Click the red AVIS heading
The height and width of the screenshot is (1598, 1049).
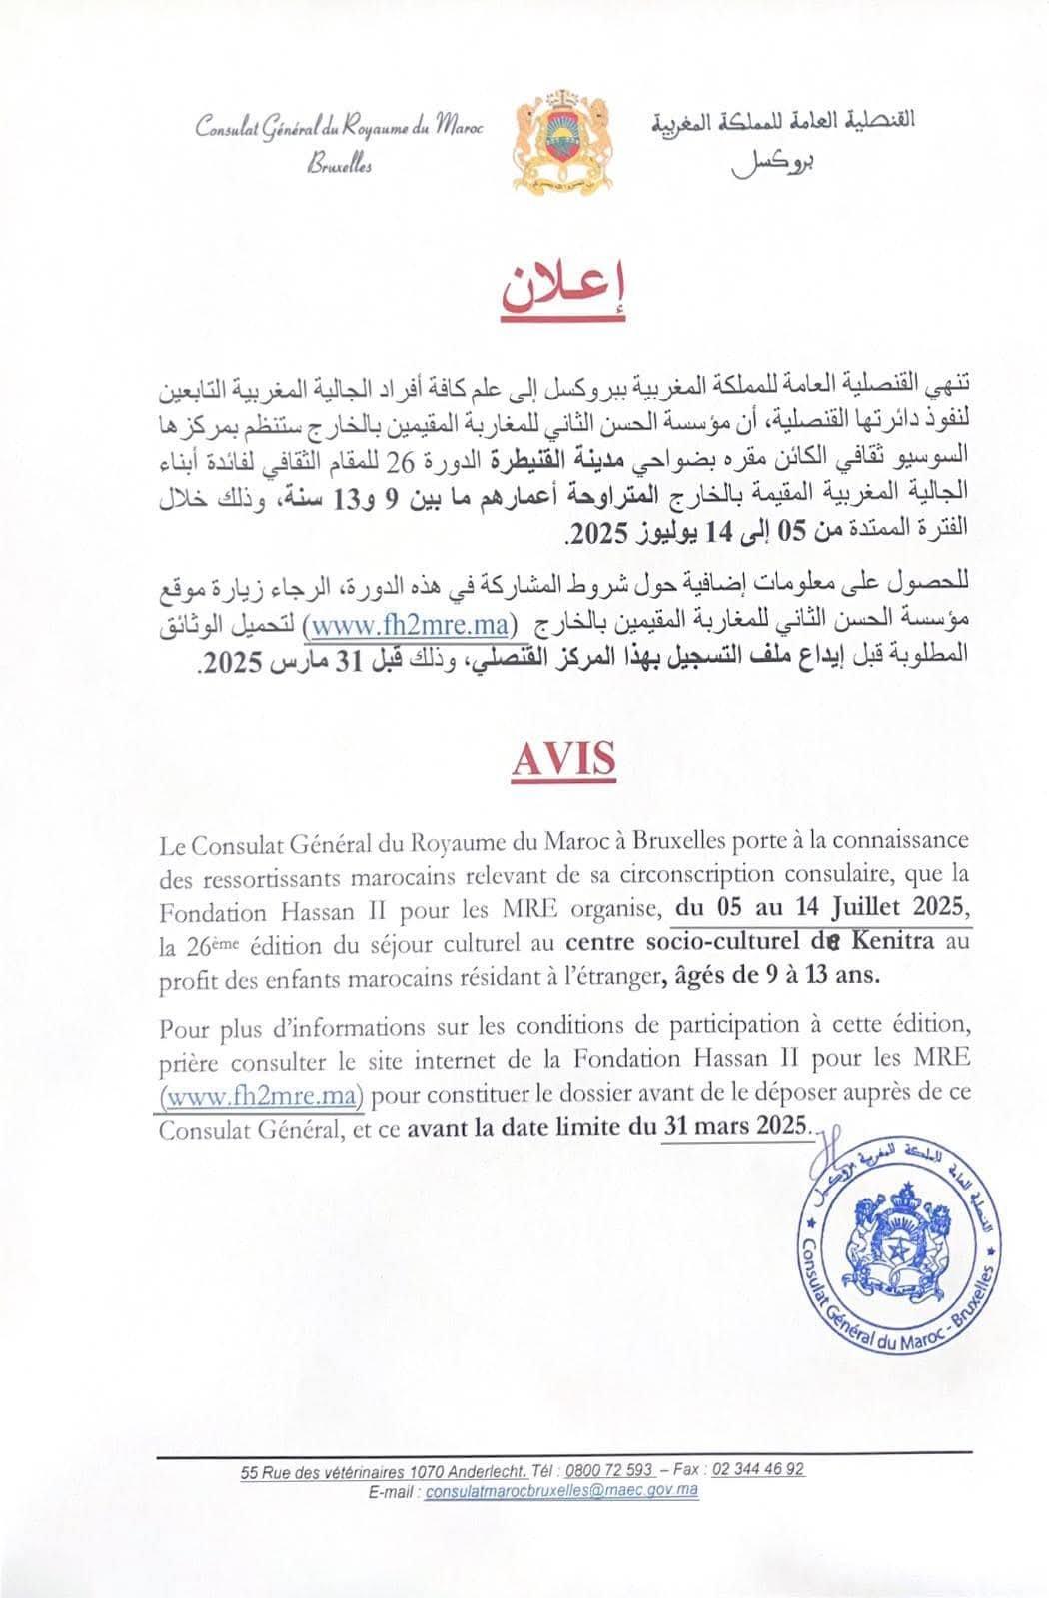(x=563, y=759)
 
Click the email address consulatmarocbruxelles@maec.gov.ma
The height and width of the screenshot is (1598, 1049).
(x=561, y=1491)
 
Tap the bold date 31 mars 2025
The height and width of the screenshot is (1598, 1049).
(x=734, y=1125)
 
